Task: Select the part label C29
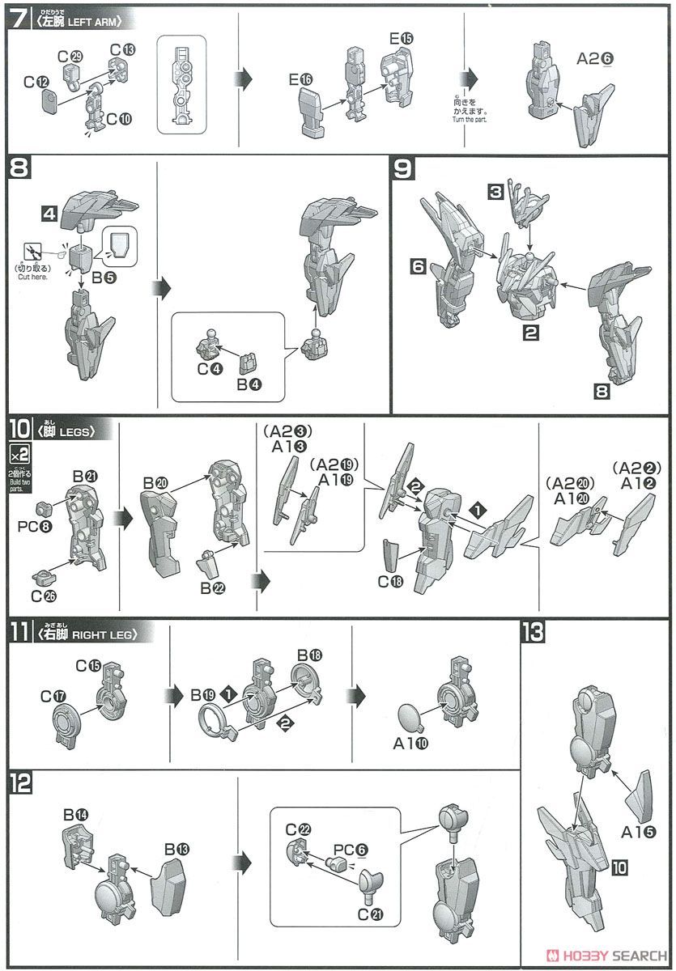pos(70,55)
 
